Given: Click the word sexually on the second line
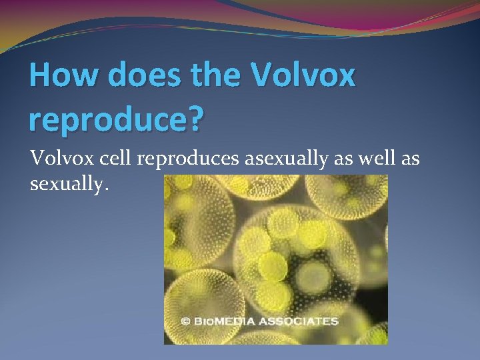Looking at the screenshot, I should point(67,183).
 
